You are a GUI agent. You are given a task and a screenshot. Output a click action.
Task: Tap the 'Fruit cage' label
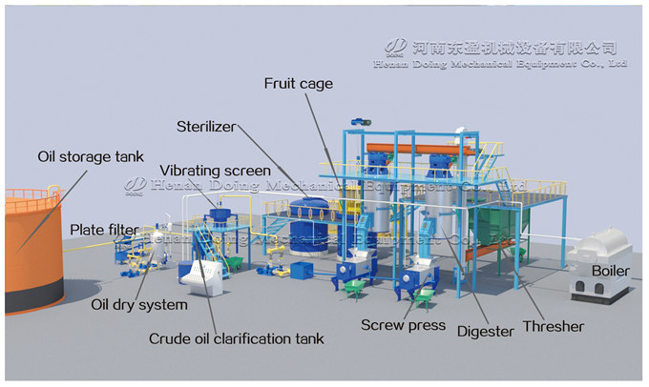point(298,84)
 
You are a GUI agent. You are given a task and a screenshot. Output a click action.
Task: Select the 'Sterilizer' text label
point(206,126)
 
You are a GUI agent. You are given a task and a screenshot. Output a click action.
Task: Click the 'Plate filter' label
point(101,229)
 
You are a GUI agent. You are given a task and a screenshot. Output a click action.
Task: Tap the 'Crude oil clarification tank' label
point(237,337)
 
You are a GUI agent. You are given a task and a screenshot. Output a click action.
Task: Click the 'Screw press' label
point(403,325)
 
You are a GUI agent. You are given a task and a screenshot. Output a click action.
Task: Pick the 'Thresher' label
point(553,325)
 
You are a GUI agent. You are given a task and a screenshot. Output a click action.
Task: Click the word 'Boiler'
point(610,271)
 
